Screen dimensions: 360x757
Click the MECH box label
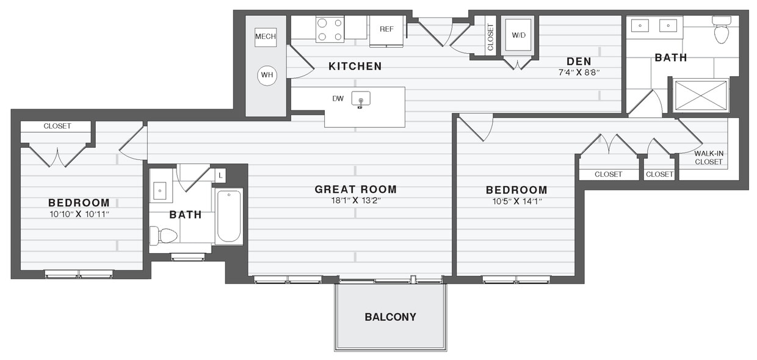(x=266, y=37)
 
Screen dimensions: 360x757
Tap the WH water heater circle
(x=267, y=75)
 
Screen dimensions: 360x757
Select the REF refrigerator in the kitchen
(x=386, y=29)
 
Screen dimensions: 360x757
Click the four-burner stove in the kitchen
(x=330, y=29)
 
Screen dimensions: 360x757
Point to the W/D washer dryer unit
(x=518, y=35)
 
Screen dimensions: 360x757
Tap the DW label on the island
(x=338, y=98)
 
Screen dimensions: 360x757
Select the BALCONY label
(x=390, y=317)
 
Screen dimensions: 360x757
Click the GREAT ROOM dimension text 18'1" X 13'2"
(x=355, y=200)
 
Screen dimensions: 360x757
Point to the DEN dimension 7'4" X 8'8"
(x=579, y=72)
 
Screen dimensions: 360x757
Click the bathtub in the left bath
(x=229, y=217)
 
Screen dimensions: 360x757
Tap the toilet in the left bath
(x=164, y=236)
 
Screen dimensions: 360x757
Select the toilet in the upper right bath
(x=722, y=31)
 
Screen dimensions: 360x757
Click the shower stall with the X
(x=700, y=96)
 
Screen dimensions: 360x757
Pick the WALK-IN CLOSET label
(x=708, y=157)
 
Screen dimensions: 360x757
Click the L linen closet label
(x=220, y=175)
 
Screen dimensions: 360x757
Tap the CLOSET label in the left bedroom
(x=57, y=126)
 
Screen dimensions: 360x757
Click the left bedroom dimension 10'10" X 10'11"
(x=79, y=214)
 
